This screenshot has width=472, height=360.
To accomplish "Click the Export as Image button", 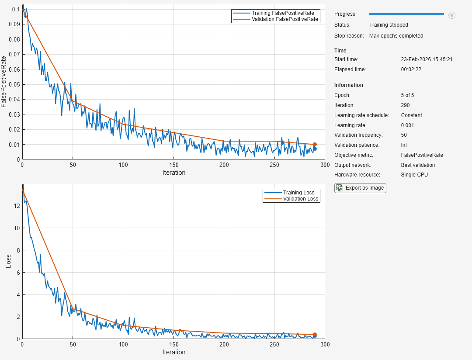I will [360, 188].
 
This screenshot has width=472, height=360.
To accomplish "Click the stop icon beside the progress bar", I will [452, 15].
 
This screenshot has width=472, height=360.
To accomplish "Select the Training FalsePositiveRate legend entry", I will [282, 13].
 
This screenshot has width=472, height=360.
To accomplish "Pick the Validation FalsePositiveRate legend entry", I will [285, 19].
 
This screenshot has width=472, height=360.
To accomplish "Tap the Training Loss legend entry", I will [298, 193].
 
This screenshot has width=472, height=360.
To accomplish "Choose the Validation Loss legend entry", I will [301, 199].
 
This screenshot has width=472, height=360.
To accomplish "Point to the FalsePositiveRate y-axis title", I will [4, 81].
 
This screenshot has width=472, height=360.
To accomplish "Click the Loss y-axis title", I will [8, 261].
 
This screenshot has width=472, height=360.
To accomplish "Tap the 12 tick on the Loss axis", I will [16, 205].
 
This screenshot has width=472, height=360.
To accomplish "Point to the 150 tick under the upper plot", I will [174, 165].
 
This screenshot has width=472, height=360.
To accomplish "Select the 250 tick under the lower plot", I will [274, 345].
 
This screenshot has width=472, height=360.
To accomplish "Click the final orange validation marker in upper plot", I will [315, 145].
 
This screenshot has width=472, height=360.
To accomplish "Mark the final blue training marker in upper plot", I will [315, 149].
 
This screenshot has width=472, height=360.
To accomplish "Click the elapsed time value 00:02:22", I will [411, 69].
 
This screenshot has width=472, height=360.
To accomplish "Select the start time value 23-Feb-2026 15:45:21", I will [427, 59].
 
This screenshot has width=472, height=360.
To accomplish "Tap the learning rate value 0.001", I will [407, 125].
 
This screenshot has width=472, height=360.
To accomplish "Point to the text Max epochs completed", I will [396, 36].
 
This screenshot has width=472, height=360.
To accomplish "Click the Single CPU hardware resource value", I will [414, 175].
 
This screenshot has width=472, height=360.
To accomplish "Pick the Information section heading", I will [349, 85].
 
